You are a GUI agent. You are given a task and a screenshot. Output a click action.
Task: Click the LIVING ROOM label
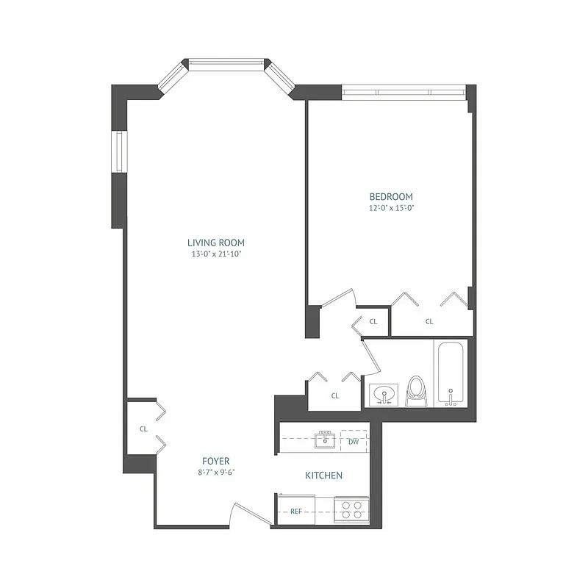(215, 243)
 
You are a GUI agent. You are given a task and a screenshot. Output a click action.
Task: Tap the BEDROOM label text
(390, 197)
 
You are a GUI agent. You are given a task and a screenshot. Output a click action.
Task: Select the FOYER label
(215, 461)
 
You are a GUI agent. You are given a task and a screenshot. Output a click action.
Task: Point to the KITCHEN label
(323, 476)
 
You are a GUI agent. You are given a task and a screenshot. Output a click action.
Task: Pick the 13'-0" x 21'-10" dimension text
(215, 254)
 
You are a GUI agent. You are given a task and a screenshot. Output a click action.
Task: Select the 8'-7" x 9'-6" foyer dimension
(215, 473)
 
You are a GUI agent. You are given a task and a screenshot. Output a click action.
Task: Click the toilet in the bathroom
(416, 391)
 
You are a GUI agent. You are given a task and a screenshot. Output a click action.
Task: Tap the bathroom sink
(383, 395)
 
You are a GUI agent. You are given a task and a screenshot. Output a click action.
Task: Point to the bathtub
(450, 373)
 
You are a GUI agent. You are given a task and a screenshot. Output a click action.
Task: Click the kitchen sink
(324, 440)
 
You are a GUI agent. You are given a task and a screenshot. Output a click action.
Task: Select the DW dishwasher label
(354, 442)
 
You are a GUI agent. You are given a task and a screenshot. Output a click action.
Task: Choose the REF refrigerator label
(296, 511)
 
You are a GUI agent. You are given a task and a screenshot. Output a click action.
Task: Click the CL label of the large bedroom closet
(429, 321)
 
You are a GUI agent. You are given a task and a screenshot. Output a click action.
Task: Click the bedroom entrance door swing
(338, 301)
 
